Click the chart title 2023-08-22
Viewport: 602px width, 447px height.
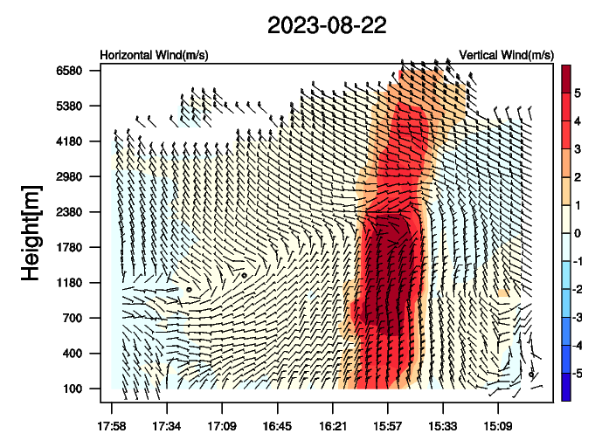(x=326, y=25)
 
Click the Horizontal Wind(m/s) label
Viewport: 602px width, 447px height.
(x=154, y=55)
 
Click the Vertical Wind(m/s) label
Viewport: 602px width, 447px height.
(x=506, y=55)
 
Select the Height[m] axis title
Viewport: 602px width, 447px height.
(x=31, y=232)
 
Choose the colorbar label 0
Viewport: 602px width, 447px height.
(x=578, y=232)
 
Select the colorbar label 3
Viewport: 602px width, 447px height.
(x=578, y=152)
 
